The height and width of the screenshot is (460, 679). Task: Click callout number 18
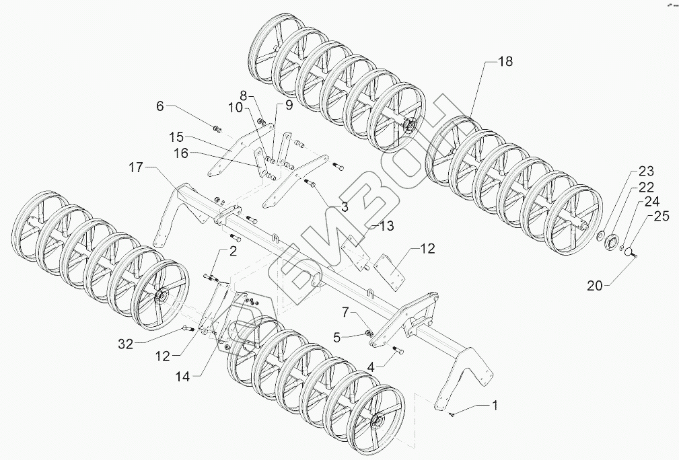[505, 61]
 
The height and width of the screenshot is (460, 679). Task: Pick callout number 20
[594, 285]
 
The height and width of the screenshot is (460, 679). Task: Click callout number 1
[495, 406]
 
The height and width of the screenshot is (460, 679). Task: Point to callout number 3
[344, 207]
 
